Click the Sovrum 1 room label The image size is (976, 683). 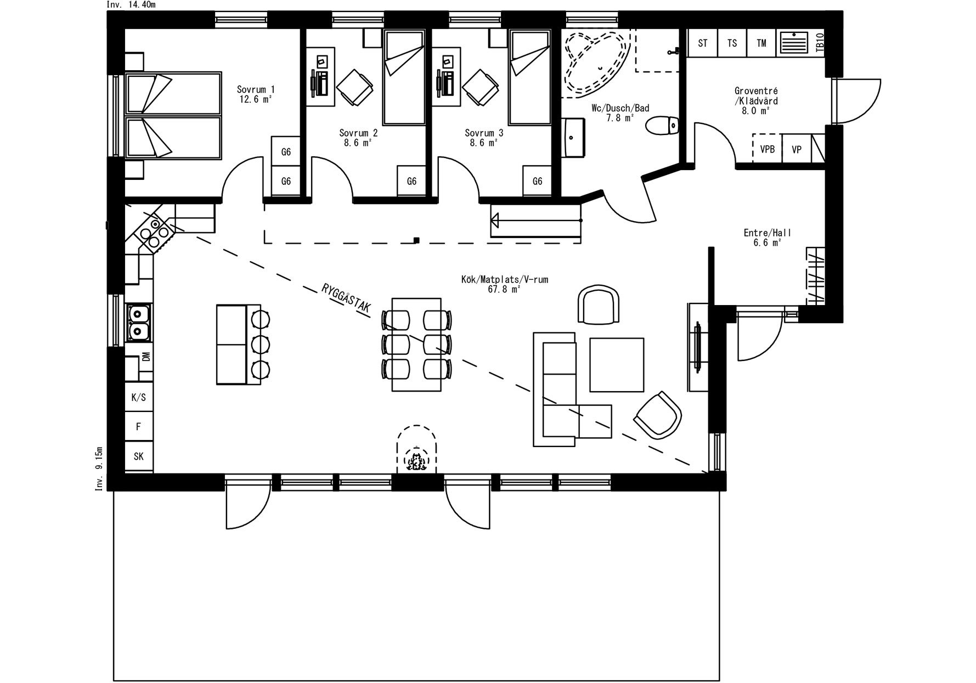pyautogui.click(x=256, y=89)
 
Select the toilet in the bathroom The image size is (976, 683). pyautogui.click(x=662, y=126)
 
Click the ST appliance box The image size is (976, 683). pyautogui.click(x=703, y=43)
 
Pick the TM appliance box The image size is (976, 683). pyautogui.click(x=761, y=43)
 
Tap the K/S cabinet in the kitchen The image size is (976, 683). pyautogui.click(x=139, y=397)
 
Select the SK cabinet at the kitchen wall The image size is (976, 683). pyautogui.click(x=139, y=456)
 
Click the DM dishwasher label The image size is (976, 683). pyautogui.click(x=146, y=357)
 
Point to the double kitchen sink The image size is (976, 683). pyautogui.click(x=138, y=323)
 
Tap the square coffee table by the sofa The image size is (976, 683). pyautogui.click(x=617, y=365)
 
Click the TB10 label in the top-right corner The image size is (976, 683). pyautogui.click(x=820, y=42)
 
